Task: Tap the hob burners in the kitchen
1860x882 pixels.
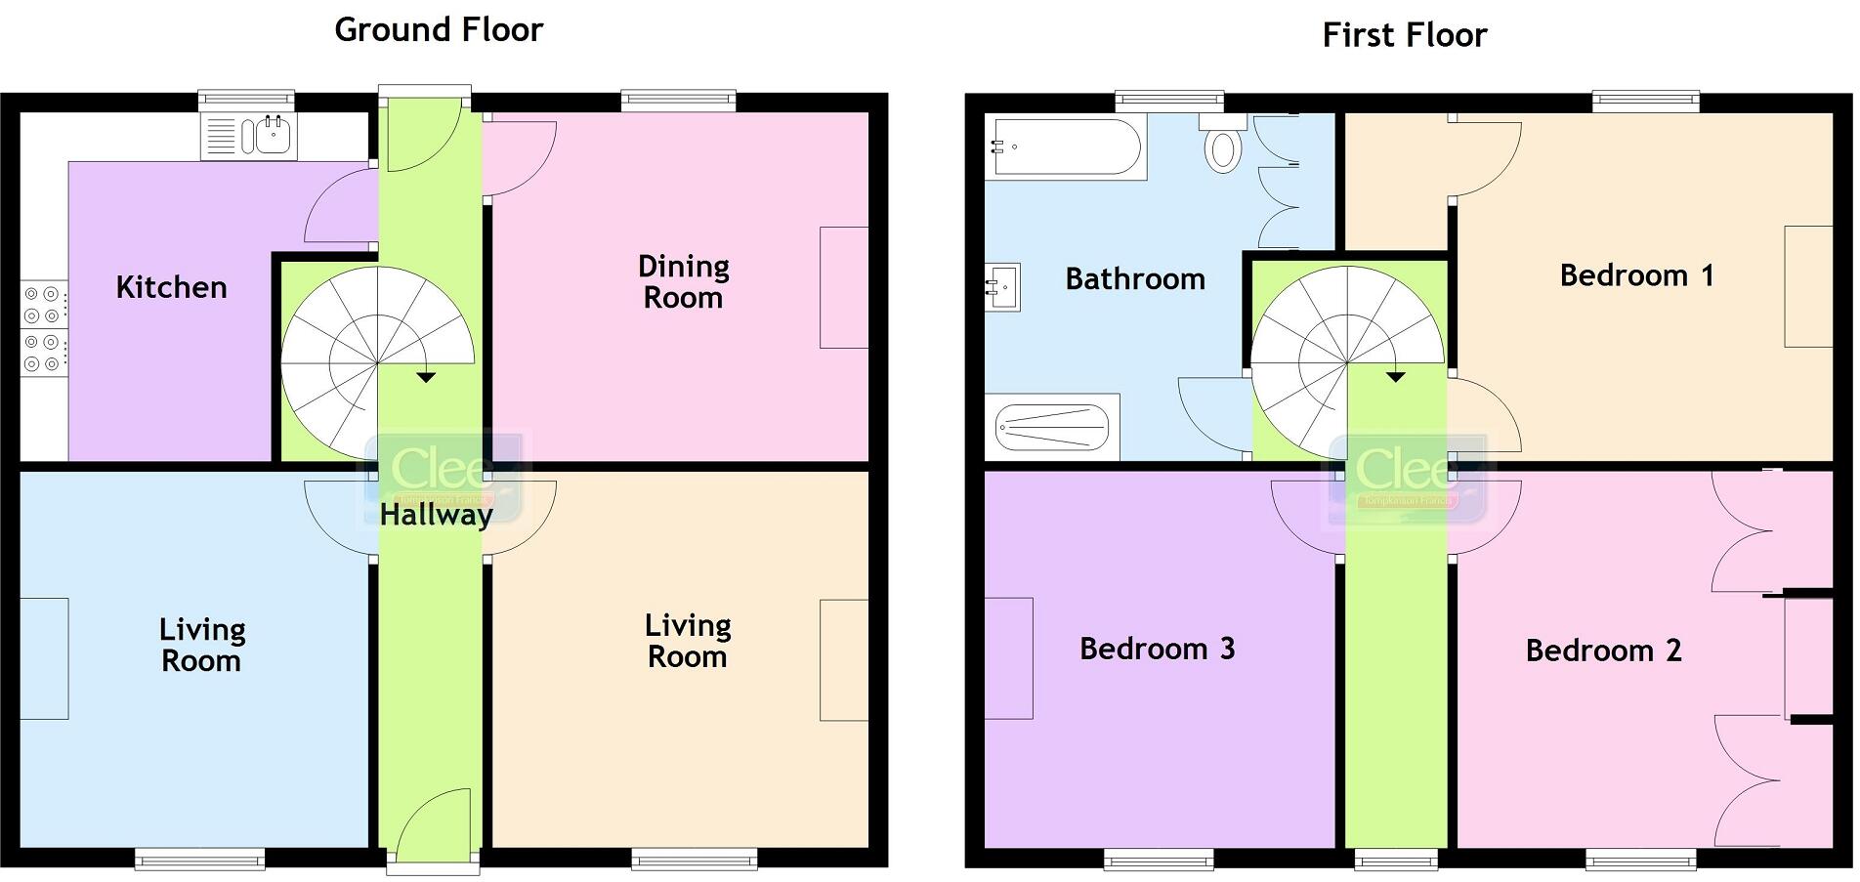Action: pos(43,328)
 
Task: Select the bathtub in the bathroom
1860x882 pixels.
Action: pos(1065,147)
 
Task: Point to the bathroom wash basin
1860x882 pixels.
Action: pos(1003,287)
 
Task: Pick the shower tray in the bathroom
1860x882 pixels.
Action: pos(1052,427)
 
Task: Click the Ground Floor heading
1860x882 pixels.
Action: pos(439,30)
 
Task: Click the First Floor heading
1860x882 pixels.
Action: pos(1404,36)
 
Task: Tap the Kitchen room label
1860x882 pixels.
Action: pos(171,287)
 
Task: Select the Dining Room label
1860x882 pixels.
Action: pos(683,282)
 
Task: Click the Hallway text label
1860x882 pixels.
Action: pos(436,515)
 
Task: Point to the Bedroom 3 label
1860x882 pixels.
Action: pos(1157,650)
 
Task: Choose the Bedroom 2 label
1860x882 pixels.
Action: pos(1603,651)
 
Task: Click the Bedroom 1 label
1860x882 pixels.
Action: pos(1636,276)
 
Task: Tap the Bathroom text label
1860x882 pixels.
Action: pos(1134,279)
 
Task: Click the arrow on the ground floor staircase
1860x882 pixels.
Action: pos(426,377)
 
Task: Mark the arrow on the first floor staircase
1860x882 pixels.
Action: pos(1395,376)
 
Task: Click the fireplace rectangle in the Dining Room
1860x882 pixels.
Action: pos(843,287)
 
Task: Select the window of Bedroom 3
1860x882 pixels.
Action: pos(1159,860)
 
